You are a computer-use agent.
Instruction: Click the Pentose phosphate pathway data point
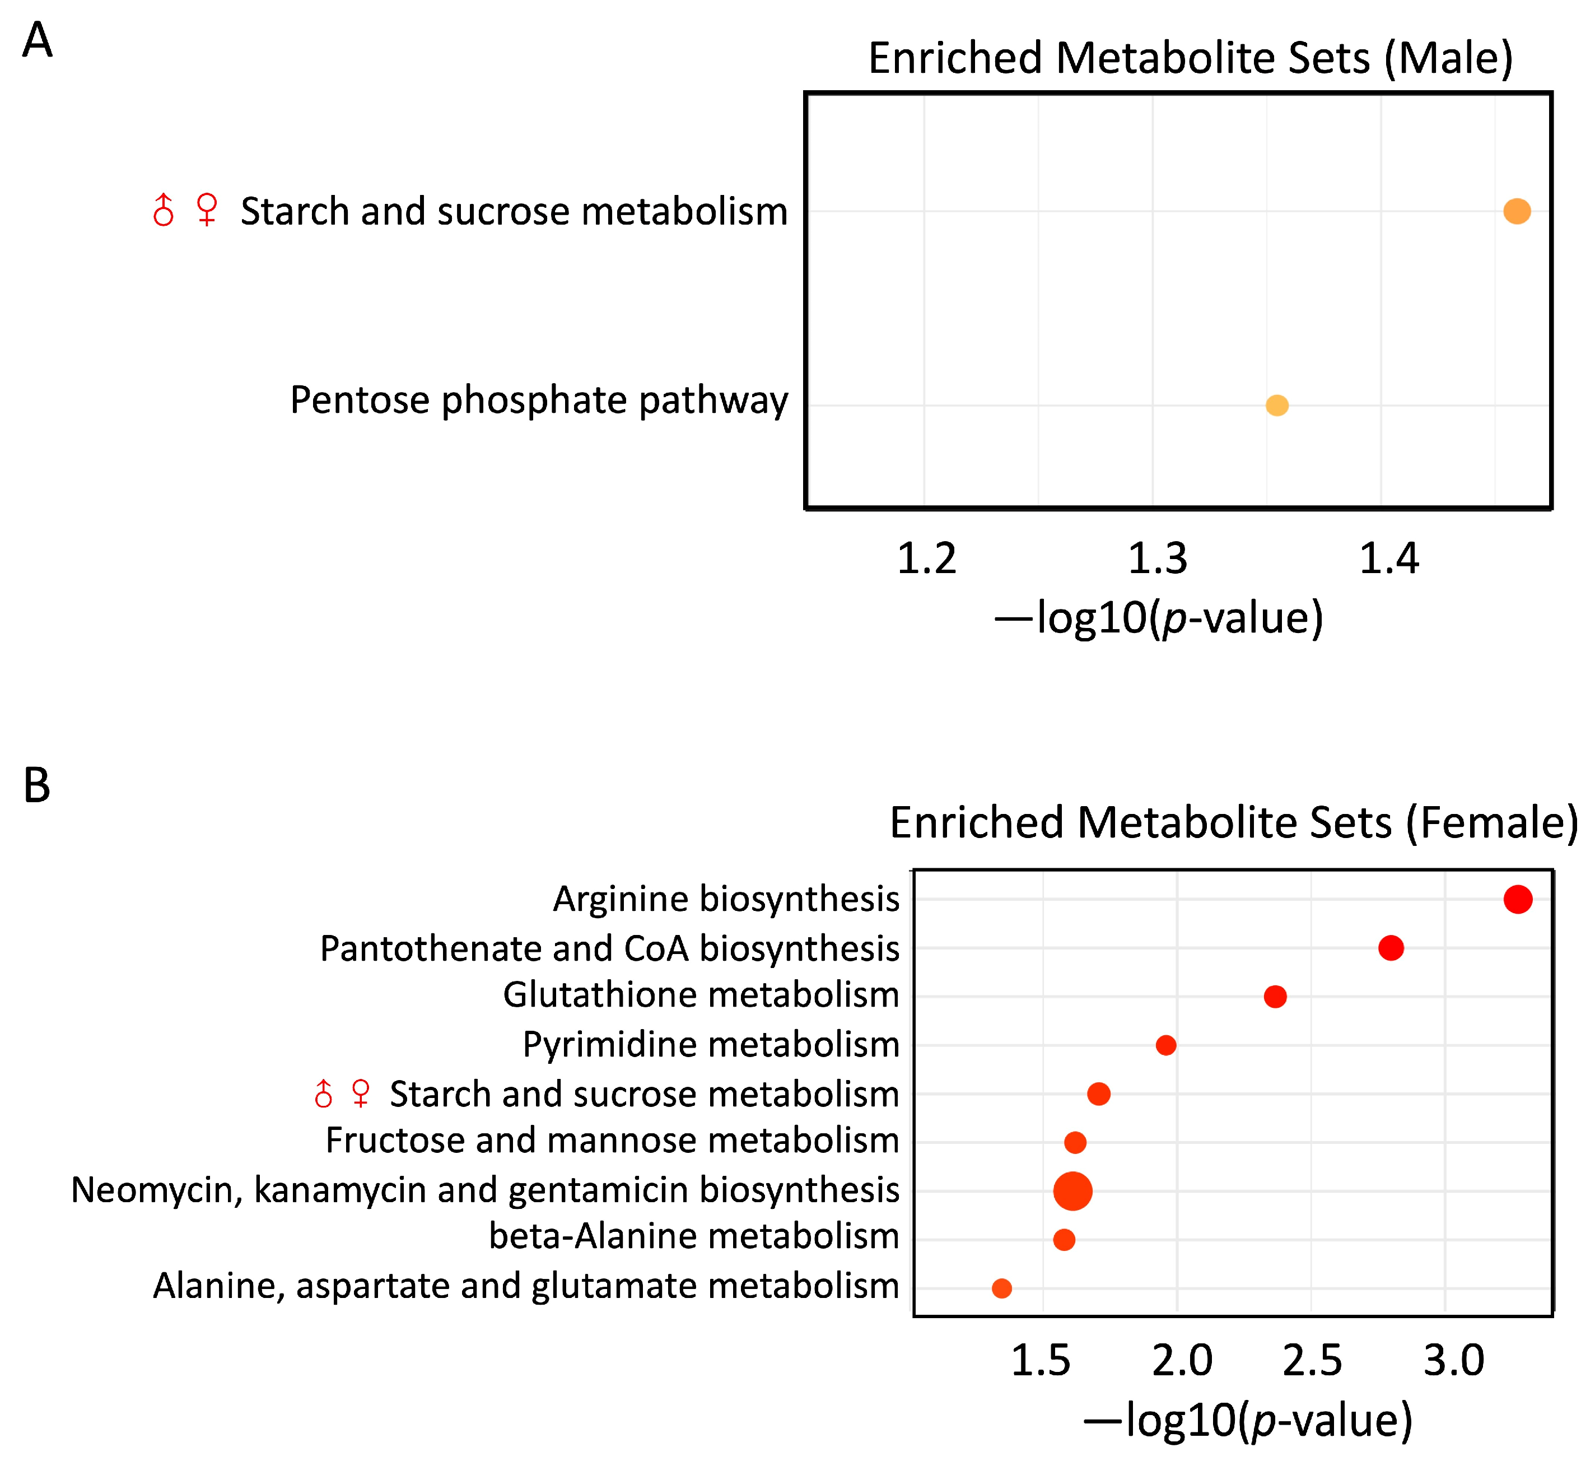[x=1277, y=405]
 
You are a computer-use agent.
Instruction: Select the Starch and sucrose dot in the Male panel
[x=1517, y=211]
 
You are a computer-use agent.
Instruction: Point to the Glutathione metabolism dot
[x=1275, y=997]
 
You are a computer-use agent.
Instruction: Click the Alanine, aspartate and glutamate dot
[x=1001, y=1288]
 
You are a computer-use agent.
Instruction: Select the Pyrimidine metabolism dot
[x=1165, y=1045]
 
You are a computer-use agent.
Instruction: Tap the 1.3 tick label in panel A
[x=1156, y=559]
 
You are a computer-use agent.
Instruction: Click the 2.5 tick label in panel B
[x=1313, y=1361]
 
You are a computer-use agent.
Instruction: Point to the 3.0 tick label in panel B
[x=1453, y=1361]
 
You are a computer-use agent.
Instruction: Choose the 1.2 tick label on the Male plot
[x=926, y=559]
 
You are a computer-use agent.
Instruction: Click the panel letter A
[x=37, y=40]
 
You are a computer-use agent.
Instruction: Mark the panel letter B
[x=36, y=786]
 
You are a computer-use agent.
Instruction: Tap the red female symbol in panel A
[x=207, y=210]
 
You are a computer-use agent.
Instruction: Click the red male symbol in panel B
[x=323, y=1093]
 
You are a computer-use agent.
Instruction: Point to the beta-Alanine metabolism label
[x=694, y=1236]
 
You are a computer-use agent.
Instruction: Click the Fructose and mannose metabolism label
[x=612, y=1141]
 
